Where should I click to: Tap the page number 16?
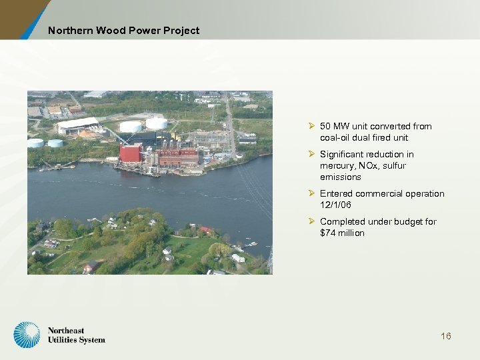click(446, 336)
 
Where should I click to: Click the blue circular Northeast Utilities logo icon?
click(27, 335)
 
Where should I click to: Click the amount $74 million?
click(342, 233)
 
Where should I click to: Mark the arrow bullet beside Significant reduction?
click(312, 154)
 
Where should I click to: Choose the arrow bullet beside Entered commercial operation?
click(312, 193)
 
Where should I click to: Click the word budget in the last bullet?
click(413, 221)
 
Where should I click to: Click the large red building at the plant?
click(130, 153)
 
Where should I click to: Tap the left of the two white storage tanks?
click(131, 126)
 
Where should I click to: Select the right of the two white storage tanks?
click(157, 123)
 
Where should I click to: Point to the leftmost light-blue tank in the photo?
click(35, 143)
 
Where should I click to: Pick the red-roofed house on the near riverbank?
click(207, 230)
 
